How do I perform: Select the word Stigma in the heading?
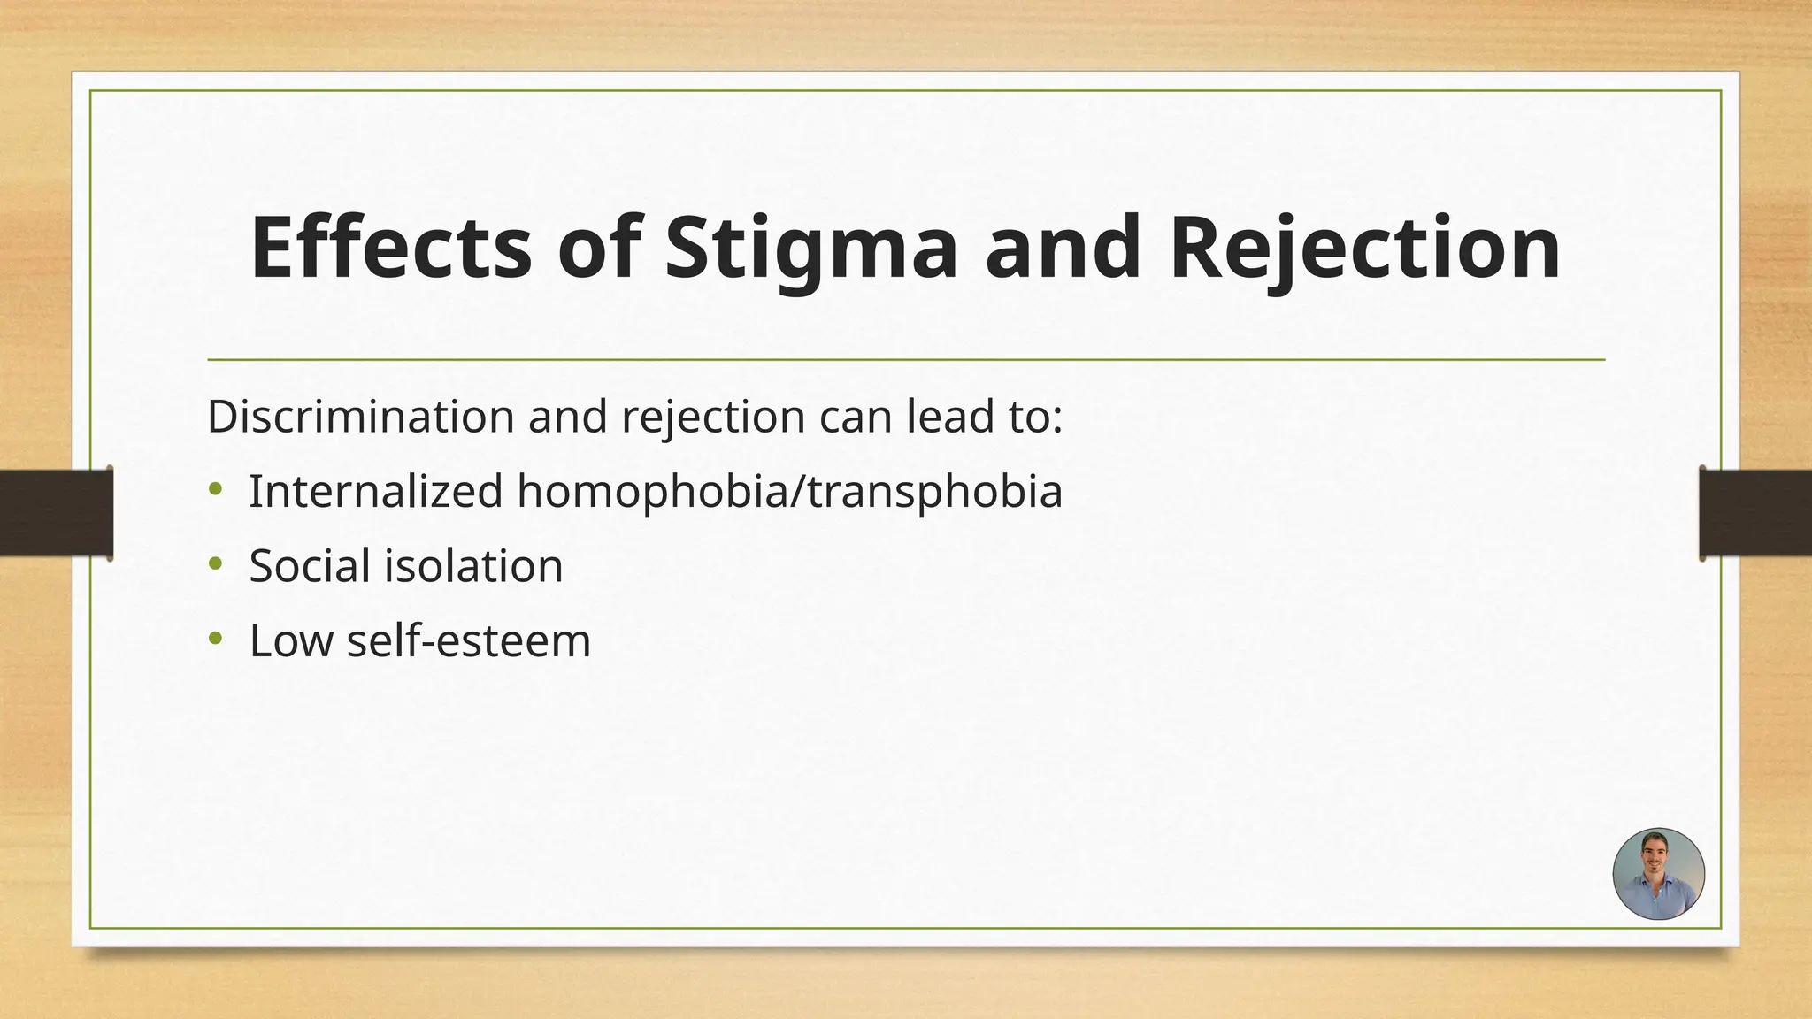click(x=810, y=250)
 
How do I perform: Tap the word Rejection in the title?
click(x=1364, y=250)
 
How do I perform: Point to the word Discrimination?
click(x=360, y=416)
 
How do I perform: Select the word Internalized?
click(x=375, y=491)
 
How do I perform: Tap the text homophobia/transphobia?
click(x=789, y=493)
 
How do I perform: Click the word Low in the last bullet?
click(x=290, y=640)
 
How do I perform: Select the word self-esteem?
click(x=468, y=640)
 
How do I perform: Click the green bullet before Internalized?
click(x=216, y=488)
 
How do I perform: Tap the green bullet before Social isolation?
click(x=216, y=563)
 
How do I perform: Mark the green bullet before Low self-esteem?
click(x=216, y=638)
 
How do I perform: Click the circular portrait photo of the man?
click(x=1658, y=874)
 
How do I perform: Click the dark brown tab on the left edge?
click(x=56, y=513)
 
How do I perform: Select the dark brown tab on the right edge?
click(x=1755, y=513)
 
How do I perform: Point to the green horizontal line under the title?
click(x=906, y=360)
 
